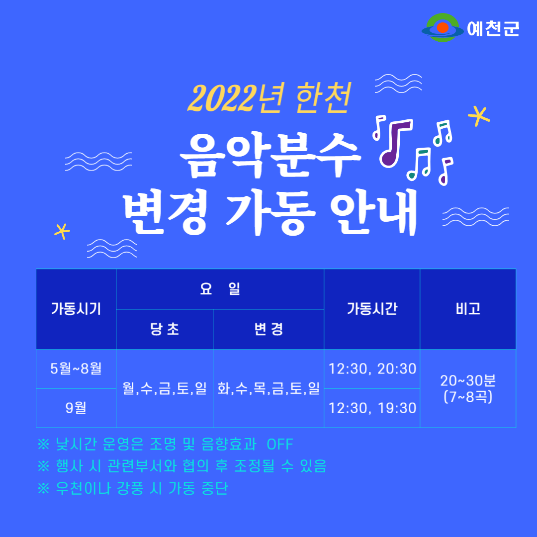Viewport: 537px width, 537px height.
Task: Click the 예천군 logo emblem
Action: [443, 28]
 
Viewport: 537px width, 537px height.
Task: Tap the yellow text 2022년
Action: [236, 98]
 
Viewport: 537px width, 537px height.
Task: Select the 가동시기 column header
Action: [76, 309]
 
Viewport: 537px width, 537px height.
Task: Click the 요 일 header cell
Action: [220, 289]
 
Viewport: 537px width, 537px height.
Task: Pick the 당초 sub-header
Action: [165, 329]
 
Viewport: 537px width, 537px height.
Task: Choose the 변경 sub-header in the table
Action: [268, 329]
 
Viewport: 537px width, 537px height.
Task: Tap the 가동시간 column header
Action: [372, 309]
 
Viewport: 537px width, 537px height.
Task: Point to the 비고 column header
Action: [468, 309]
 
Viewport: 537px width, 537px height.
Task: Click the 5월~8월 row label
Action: [76, 369]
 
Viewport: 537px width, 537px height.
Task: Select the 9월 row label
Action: [76, 408]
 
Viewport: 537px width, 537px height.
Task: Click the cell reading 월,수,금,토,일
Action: [165, 388]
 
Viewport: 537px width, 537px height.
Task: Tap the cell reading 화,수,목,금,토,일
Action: [268, 388]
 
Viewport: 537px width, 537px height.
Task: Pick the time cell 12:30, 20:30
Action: [372, 369]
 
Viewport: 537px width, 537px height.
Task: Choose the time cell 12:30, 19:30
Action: [372, 408]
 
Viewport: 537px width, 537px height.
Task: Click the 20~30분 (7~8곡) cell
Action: [468, 388]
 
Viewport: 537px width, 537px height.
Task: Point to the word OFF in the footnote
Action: [280, 445]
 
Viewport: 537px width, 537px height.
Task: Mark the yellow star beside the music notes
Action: [479, 116]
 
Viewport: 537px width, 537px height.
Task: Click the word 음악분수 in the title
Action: [270, 155]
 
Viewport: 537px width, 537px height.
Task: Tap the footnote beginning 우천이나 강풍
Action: [133, 488]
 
